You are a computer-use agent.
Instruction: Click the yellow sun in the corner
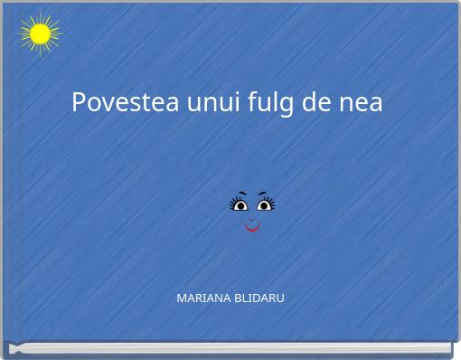tap(40, 34)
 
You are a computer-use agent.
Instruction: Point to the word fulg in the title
tap(272, 103)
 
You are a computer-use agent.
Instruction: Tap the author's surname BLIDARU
tap(255, 298)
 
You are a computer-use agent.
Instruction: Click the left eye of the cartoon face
tap(241, 206)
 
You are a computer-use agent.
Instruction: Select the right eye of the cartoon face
tap(263, 206)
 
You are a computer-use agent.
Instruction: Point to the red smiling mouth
tap(252, 226)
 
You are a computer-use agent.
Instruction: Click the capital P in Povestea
tap(79, 102)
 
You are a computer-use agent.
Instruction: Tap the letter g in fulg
tap(287, 105)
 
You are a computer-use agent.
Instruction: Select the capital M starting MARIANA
tap(181, 298)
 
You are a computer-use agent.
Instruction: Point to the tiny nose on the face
tap(252, 217)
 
